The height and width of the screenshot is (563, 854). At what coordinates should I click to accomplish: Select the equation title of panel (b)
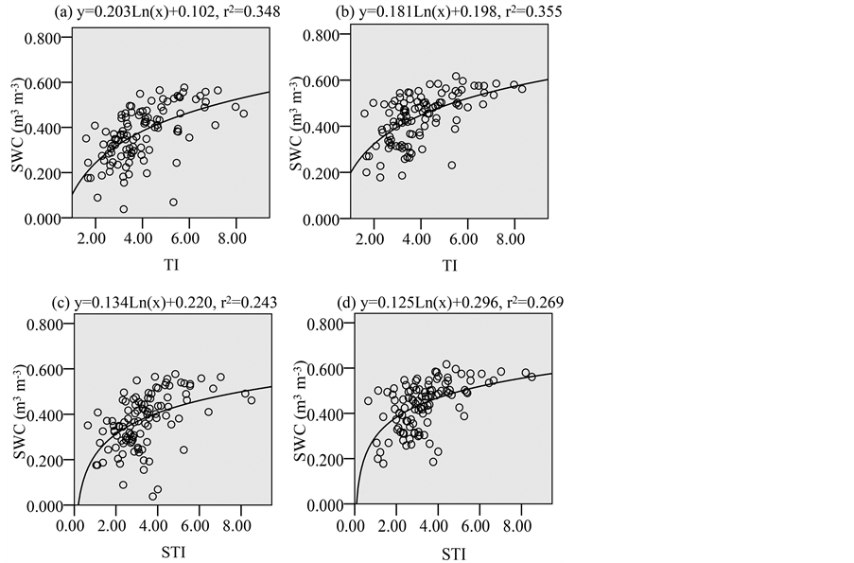(433, 13)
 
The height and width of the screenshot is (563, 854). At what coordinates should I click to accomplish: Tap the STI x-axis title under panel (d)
(455, 551)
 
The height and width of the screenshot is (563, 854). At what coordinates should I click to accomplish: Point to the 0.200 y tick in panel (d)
(327, 461)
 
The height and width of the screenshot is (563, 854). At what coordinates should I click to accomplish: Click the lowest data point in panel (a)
(124, 209)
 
